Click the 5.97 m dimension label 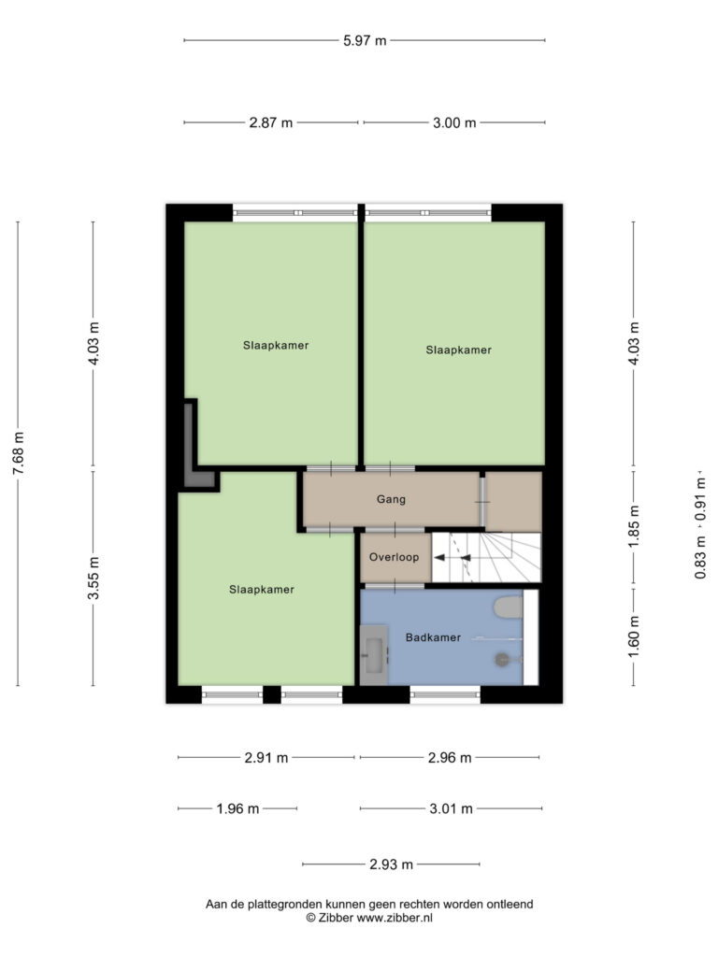365,41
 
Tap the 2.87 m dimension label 270,122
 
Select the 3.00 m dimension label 454,122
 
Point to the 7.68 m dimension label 19,453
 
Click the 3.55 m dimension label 93,578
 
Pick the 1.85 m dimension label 634,526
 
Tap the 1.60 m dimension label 634,636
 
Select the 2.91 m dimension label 266,758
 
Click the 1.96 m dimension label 237,809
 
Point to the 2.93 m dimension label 391,864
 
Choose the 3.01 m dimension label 452,809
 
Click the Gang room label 391,500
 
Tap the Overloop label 394,557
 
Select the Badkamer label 433,637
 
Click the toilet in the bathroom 508,607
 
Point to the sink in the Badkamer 374,655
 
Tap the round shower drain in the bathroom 502,659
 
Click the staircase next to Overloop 486,558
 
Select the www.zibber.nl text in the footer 395,918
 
